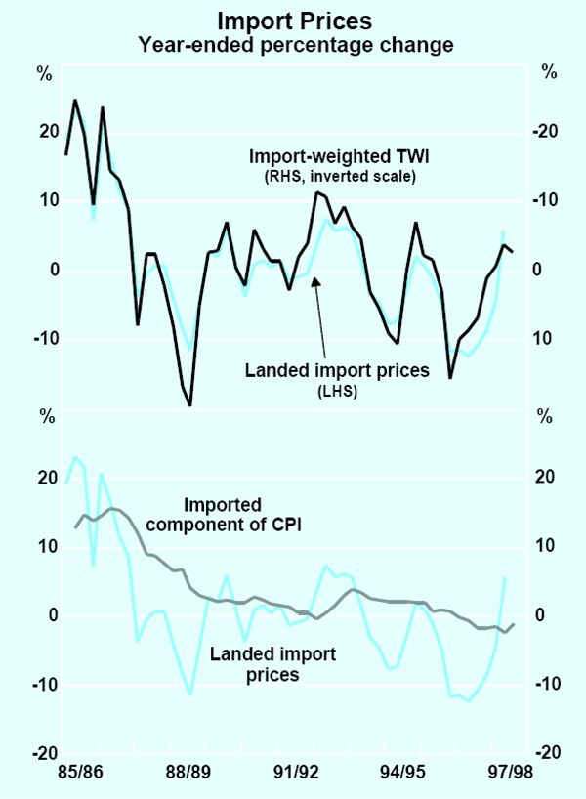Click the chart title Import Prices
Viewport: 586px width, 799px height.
pyautogui.click(x=293, y=20)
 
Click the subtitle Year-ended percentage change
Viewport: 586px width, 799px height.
pyautogui.click(x=293, y=44)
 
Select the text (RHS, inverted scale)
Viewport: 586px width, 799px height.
pyautogui.click(x=333, y=177)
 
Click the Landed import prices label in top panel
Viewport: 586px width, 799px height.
pyautogui.click(x=338, y=370)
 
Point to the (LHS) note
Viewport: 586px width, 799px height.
pyautogui.click(x=338, y=391)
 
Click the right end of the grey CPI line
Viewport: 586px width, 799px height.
pyautogui.click(x=514, y=623)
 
